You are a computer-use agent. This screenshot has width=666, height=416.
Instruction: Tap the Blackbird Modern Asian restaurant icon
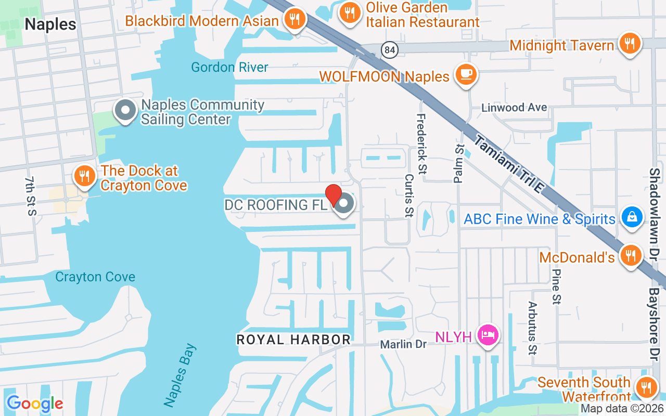coord(295,19)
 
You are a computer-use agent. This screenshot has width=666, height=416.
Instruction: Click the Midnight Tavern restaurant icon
coord(630,44)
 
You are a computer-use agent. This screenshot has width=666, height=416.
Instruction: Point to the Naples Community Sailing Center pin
coord(125,111)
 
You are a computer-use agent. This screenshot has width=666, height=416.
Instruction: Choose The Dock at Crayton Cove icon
coord(83,176)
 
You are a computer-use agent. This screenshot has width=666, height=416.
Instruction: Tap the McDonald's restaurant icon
coord(631,256)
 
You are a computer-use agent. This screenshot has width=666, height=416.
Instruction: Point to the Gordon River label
coord(229,67)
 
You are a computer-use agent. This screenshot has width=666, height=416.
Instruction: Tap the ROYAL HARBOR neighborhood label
coord(293,340)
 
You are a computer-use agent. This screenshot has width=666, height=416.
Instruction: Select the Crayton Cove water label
coord(95,277)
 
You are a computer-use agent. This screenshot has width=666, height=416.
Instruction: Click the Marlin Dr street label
coord(403,344)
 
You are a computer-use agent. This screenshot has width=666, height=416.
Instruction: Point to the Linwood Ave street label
coord(514,108)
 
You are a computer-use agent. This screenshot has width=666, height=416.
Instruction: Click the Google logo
coord(34,403)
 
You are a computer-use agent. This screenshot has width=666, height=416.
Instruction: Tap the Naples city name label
coord(50,24)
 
